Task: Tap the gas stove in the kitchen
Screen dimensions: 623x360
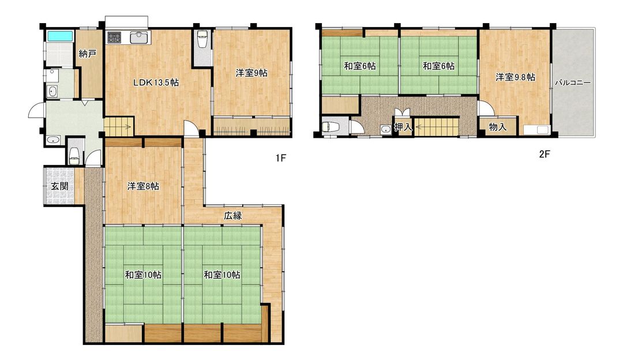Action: coord(115,37)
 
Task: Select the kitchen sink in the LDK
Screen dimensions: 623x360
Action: coord(139,37)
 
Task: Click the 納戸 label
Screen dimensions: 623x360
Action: coord(88,54)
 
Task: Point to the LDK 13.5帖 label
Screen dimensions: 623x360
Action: coord(156,82)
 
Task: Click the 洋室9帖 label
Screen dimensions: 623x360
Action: coord(252,73)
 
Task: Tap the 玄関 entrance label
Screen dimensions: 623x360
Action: coord(59,186)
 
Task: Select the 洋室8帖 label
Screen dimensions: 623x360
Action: coord(143,186)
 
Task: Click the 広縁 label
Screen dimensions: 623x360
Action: coord(233,216)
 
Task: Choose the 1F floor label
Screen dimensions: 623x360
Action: coord(281,157)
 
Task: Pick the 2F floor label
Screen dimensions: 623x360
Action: coord(545,154)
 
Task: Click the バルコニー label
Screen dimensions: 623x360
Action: coord(573,83)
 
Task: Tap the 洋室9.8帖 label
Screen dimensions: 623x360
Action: coord(515,77)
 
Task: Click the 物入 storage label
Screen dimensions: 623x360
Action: coord(497,127)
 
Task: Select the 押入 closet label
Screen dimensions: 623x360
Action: coord(403,127)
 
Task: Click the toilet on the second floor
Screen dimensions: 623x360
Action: coord(331,127)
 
